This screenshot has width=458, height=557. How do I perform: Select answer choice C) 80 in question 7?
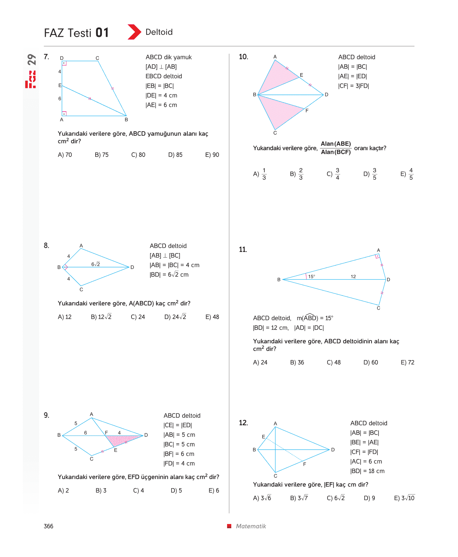[x=138, y=155]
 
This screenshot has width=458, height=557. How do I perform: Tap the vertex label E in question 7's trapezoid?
[x=60, y=85]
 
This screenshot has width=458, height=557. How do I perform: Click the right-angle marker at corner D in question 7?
[x=64, y=63]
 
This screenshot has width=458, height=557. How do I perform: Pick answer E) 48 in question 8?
[x=212, y=317]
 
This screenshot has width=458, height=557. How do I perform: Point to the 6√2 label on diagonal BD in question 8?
[x=96, y=264]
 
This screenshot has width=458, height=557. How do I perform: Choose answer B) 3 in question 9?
[x=101, y=490]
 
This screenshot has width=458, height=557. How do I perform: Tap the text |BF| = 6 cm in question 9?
[x=179, y=454]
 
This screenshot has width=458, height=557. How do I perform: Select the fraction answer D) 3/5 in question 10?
[x=370, y=174]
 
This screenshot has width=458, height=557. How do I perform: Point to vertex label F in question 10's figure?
[x=307, y=111]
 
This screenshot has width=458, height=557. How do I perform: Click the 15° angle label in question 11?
[x=311, y=277]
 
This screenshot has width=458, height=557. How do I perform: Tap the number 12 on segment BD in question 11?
[x=353, y=277]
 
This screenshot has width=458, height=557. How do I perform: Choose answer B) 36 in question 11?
[x=297, y=362]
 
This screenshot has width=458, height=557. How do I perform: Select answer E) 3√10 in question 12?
[x=404, y=498]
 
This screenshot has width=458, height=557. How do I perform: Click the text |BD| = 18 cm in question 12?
[x=367, y=471]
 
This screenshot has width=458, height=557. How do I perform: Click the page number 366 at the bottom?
[x=49, y=526]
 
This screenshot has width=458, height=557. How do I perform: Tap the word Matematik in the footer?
[x=251, y=526]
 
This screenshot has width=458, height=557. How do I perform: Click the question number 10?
[x=243, y=57]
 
